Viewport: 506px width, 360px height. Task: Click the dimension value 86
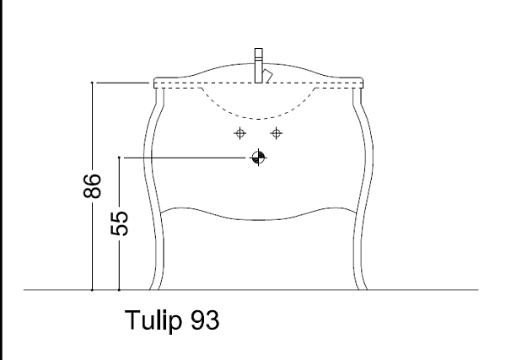(92, 185)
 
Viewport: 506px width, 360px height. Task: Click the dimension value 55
(120, 223)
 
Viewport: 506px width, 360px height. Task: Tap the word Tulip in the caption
(153, 320)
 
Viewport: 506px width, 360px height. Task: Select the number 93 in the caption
(205, 320)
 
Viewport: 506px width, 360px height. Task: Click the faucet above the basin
(259, 66)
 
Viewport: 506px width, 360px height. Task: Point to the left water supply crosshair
(240, 133)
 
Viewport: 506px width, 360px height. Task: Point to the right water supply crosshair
(277, 133)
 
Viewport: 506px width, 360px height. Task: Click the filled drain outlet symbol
(259, 158)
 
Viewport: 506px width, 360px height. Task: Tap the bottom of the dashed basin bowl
(259, 119)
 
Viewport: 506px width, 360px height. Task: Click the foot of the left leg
(154, 287)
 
